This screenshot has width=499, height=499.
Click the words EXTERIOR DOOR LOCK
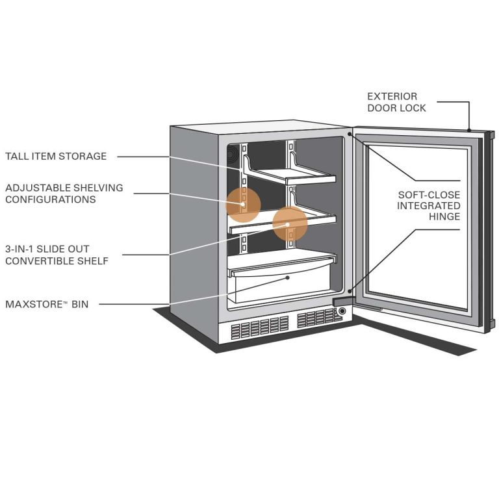tap(396, 102)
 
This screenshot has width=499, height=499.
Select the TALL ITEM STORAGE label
tap(56, 157)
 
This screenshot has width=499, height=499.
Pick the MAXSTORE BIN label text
tap(47, 303)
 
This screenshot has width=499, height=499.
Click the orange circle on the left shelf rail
tap(243, 204)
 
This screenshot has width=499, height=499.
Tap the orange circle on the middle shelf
tap(290, 224)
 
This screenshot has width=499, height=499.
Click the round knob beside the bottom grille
tap(342, 311)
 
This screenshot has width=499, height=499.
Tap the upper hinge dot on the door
tap(350, 135)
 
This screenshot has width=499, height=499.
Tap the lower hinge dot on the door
tap(350, 292)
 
